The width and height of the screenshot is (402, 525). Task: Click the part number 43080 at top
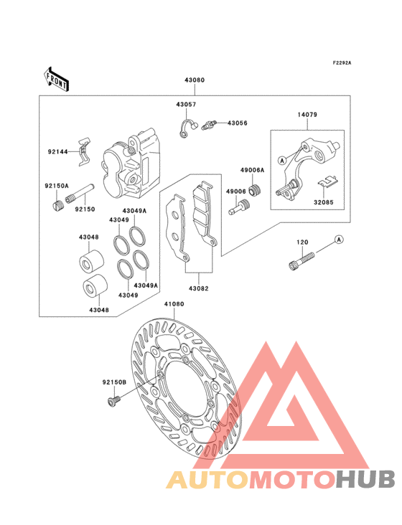click(195, 81)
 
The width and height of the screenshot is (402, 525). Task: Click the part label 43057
click(186, 105)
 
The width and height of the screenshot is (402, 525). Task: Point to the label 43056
click(238, 123)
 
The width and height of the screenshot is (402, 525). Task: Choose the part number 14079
click(307, 114)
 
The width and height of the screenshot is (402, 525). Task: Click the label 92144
click(57, 152)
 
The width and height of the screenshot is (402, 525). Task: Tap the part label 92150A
click(56, 186)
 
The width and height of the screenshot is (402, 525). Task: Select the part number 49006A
click(253, 171)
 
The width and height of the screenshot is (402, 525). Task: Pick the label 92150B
click(114, 384)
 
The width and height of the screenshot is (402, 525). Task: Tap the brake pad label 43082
click(199, 288)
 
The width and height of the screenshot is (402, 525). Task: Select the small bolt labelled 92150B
click(111, 404)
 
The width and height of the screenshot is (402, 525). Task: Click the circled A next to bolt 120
click(340, 239)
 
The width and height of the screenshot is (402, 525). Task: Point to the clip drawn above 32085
click(327, 181)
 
